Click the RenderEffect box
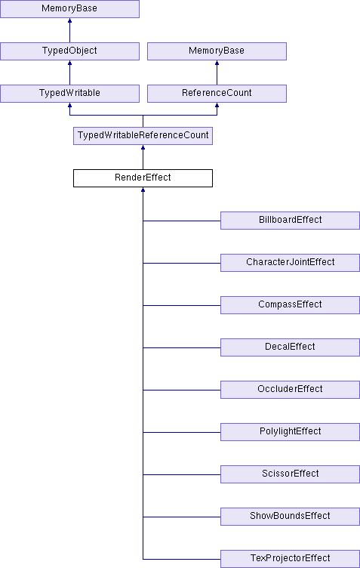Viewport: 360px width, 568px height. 143,177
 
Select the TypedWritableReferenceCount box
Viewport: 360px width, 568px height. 143,136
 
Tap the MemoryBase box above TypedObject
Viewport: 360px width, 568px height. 69,9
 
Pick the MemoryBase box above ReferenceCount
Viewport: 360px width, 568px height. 217,51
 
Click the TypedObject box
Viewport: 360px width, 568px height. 69,51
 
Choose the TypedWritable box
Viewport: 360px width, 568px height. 69,94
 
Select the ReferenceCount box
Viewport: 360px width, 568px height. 217,94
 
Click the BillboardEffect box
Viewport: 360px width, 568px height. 290,221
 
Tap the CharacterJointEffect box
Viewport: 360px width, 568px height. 290,263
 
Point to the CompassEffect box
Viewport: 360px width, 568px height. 290,305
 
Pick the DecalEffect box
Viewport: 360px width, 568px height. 290,347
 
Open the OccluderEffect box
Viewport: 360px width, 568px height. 290,390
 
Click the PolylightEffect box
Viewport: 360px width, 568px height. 290,432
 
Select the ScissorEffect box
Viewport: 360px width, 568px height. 290,474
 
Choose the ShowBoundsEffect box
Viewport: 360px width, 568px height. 290,517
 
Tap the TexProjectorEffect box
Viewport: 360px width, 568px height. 290,559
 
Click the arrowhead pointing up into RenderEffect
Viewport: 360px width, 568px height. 143,190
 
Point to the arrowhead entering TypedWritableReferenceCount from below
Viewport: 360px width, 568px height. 143,147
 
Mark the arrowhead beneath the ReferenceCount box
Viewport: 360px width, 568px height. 217,106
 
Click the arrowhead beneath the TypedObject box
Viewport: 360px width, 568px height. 69,63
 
